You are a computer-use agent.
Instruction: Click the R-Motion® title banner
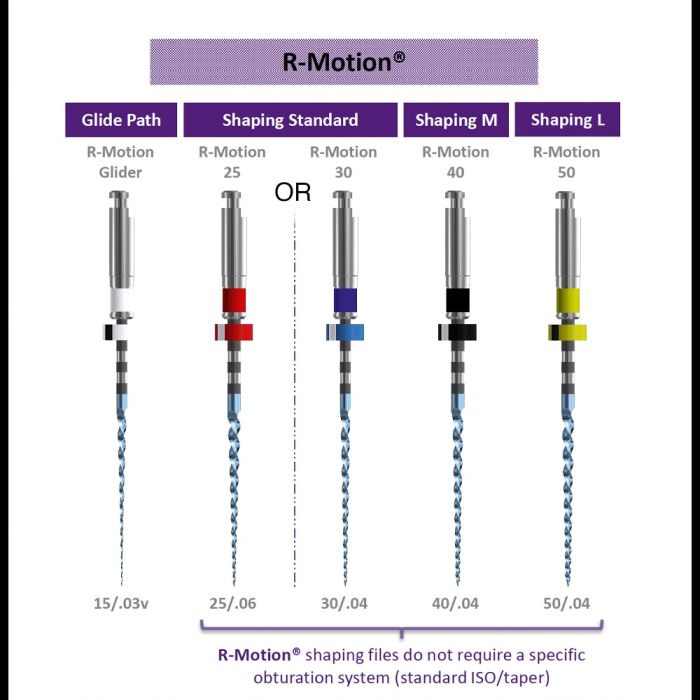(x=344, y=61)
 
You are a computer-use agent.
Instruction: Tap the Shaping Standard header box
(x=290, y=120)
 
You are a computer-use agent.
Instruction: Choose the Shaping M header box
(x=455, y=120)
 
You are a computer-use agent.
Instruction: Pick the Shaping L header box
(x=567, y=120)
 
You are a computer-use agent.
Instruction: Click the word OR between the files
(x=293, y=193)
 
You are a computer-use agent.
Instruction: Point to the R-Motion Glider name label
(x=120, y=161)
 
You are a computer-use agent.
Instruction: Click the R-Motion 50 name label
(x=566, y=161)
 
